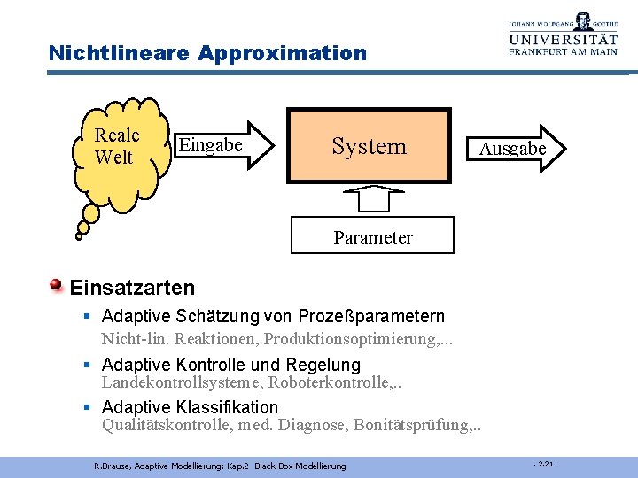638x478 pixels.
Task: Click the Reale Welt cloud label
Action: pyautogui.click(x=116, y=146)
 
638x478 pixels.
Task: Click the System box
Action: pyautogui.click(x=369, y=145)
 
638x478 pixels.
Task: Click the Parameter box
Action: pyautogui.click(x=372, y=237)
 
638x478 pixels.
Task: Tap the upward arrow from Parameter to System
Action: pyautogui.click(x=372, y=198)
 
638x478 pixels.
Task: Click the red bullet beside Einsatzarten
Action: pyautogui.click(x=57, y=285)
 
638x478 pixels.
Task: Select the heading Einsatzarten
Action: pyautogui.click(x=132, y=288)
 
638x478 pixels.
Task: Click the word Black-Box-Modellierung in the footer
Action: pyautogui.click(x=301, y=466)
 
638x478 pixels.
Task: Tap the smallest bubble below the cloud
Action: pyautogui.click(x=79, y=236)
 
